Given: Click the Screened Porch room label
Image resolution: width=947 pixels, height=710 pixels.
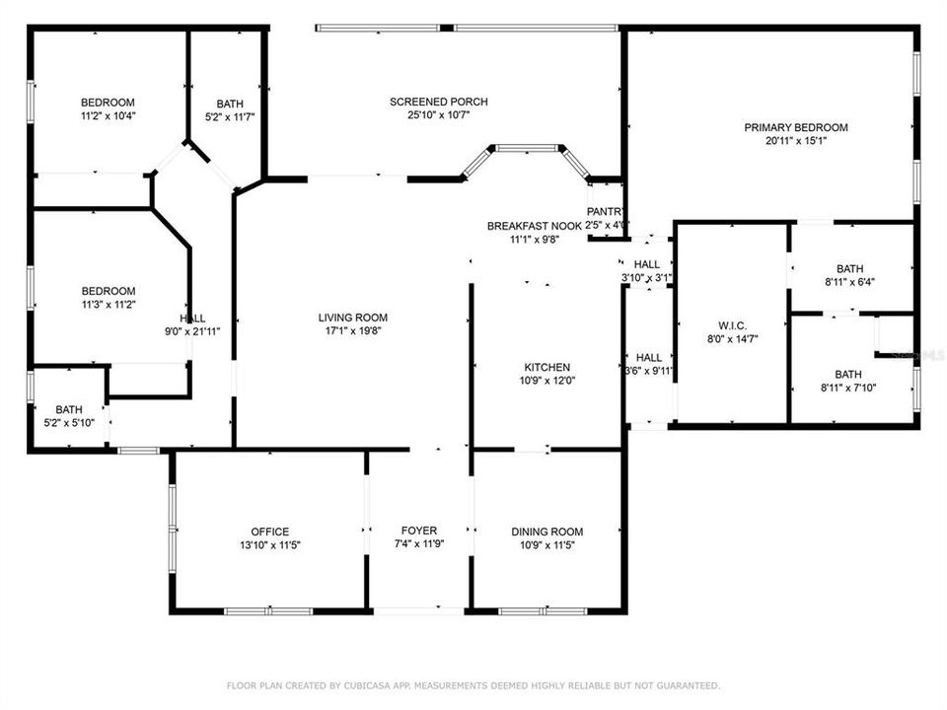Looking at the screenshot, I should (438, 102).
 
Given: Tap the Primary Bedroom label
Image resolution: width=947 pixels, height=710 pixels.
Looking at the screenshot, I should (795, 127).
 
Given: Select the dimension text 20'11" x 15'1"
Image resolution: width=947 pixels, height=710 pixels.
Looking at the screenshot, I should (795, 140).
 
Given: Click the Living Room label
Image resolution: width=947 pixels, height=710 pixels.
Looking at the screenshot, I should (352, 318).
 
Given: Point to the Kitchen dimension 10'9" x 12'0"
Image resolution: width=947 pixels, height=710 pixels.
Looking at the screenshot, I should (546, 381).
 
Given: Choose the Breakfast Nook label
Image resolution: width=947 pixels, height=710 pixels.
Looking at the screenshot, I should (534, 226).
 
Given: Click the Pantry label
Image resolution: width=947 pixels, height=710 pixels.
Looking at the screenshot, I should (604, 212).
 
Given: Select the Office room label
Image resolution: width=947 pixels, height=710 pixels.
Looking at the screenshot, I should (269, 532).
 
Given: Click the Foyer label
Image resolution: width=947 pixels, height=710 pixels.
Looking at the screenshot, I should (418, 531).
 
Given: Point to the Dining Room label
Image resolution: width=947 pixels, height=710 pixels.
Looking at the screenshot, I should (546, 532).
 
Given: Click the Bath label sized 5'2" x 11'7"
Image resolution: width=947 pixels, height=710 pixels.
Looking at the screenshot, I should (229, 104).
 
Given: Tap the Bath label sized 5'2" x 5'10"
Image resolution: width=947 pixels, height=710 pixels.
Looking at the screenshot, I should (69, 409).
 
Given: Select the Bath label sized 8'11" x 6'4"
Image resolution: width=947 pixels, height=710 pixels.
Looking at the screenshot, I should (848, 268).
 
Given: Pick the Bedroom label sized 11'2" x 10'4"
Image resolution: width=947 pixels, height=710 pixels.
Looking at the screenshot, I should (108, 103).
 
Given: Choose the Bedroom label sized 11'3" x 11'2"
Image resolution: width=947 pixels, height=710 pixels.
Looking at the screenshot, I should (108, 291).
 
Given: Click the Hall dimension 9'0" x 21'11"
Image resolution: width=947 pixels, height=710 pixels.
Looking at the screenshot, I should (192, 330).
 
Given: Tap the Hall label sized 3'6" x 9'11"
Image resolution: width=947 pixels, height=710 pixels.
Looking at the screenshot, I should (648, 358).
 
